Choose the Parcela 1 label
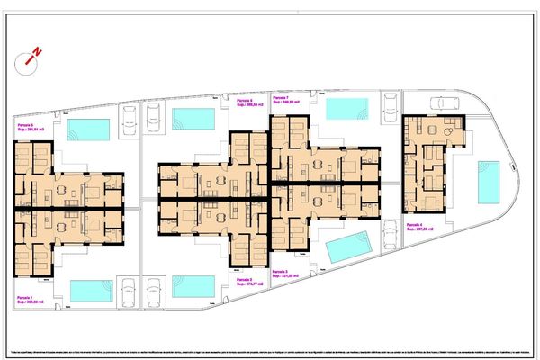[25, 299]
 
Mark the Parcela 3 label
[282, 273]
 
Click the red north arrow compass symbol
[33, 58]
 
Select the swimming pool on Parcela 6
[193, 119]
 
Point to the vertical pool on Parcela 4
[489, 183]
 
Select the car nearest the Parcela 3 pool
[389, 238]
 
